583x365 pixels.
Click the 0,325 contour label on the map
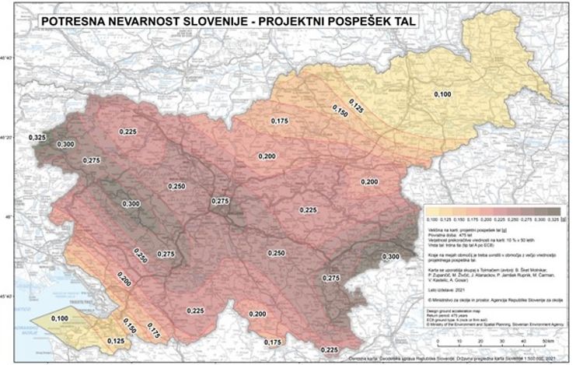(38, 137)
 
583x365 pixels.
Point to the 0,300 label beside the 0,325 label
(66, 145)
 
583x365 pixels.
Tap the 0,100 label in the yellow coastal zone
(58, 319)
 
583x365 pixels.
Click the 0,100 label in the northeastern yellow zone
(442, 94)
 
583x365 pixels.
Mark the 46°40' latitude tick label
(11, 59)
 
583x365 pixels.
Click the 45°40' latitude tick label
(11, 297)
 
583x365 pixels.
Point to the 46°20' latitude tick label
(11, 138)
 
